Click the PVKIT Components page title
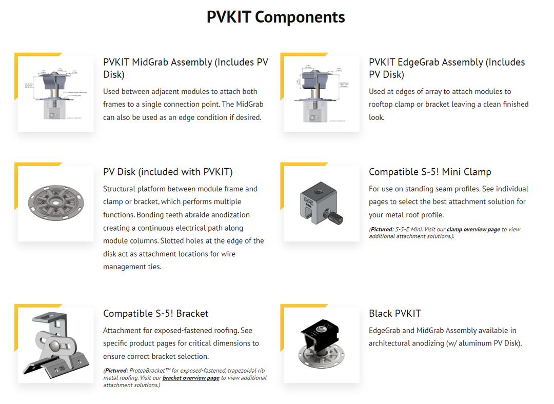[276, 17]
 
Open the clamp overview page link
[473, 230]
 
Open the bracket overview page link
[191, 378]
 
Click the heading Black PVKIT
[394, 313]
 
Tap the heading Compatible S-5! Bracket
[155, 313]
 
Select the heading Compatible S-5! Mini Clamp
[430, 172]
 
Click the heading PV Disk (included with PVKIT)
[168, 172]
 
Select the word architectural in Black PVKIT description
[394, 344]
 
